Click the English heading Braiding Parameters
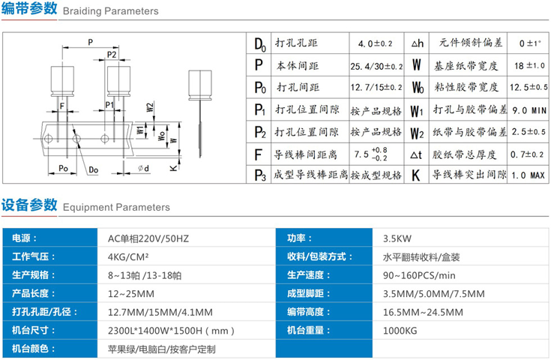(x=109, y=12)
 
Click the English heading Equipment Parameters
(x=116, y=207)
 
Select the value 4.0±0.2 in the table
(x=375, y=43)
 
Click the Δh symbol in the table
(x=418, y=43)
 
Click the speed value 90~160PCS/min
(x=420, y=275)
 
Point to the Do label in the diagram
(x=93, y=170)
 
